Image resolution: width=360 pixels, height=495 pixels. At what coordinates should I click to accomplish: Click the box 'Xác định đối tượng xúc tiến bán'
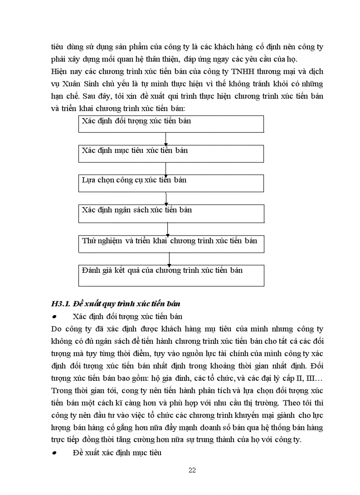click(171, 124)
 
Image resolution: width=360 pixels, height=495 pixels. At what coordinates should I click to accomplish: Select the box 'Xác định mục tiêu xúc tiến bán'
click(171, 153)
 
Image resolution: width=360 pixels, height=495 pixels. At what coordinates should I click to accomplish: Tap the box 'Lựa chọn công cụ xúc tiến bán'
click(171, 183)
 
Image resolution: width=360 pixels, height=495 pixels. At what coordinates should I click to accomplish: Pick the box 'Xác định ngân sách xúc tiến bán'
click(171, 213)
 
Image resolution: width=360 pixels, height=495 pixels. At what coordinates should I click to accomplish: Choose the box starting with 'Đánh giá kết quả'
click(171, 275)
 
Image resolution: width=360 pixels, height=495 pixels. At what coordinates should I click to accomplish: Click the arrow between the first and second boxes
click(165, 139)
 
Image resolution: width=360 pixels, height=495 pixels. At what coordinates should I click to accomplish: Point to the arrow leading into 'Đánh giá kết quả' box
click(169, 259)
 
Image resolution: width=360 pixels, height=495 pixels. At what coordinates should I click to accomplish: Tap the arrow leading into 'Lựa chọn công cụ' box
click(165, 168)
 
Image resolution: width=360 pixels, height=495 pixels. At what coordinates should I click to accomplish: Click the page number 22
click(192, 470)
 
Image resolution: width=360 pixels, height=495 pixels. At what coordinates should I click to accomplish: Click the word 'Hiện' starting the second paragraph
click(59, 71)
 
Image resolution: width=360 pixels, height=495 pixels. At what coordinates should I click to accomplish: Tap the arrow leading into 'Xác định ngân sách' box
click(166, 199)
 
